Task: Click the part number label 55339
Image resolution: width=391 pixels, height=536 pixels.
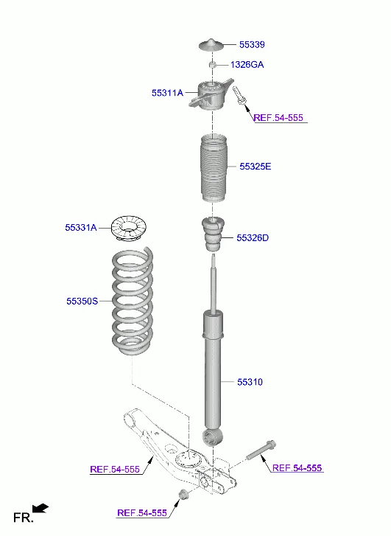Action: pyautogui.click(x=251, y=45)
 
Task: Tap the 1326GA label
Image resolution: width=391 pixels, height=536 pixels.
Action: pyautogui.click(x=247, y=65)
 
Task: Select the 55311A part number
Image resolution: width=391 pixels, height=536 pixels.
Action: pyautogui.click(x=167, y=93)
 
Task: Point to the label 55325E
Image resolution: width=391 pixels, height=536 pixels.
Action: pyautogui.click(x=255, y=167)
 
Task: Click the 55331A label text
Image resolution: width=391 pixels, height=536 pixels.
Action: pyautogui.click(x=81, y=228)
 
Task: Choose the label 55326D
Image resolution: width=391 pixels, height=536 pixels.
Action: pyautogui.click(x=253, y=237)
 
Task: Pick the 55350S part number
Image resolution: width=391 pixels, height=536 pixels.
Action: pyautogui.click(x=82, y=301)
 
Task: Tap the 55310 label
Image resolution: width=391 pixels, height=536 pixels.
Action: pyautogui.click(x=250, y=382)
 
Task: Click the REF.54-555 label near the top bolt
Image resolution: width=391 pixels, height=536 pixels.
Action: pyautogui.click(x=278, y=118)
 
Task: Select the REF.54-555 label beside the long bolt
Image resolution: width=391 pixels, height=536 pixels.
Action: pyautogui.click(x=297, y=468)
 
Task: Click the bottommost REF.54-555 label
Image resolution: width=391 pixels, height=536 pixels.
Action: pyautogui.click(x=142, y=512)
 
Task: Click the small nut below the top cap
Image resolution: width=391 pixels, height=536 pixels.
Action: pyautogui.click(x=212, y=66)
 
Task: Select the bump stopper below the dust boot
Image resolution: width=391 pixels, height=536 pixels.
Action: pyautogui.click(x=213, y=235)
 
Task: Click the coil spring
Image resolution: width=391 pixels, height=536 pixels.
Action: pyautogui.click(x=133, y=302)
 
